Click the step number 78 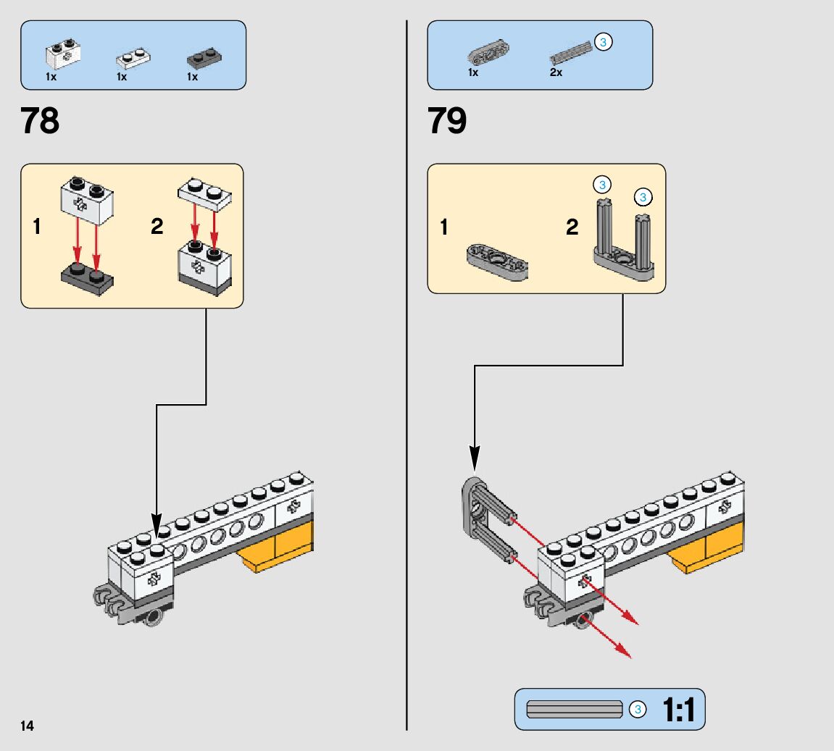[x=41, y=121]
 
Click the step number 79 [x=447, y=121]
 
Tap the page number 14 [x=27, y=726]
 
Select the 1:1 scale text [x=678, y=710]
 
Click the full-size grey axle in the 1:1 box [x=575, y=710]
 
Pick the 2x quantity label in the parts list [x=556, y=73]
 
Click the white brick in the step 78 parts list [x=62, y=51]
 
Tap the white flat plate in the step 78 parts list [x=133, y=58]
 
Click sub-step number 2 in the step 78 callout [x=157, y=227]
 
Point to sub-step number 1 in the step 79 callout [x=444, y=227]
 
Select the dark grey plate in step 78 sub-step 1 [x=86, y=277]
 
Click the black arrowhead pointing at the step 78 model [x=157, y=525]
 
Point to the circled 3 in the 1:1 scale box [x=637, y=710]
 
